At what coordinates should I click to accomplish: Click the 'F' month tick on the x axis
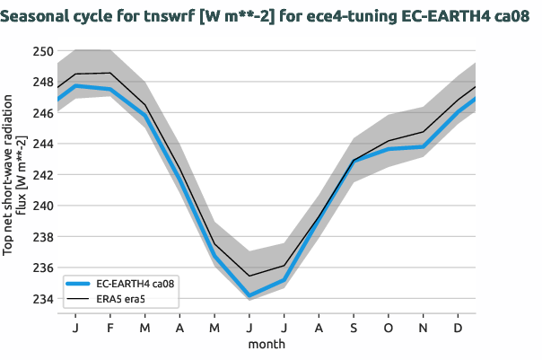[109, 329]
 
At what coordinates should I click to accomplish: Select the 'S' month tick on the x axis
[354, 329]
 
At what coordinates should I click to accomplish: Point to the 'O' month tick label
[389, 329]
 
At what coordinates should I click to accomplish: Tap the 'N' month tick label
[424, 329]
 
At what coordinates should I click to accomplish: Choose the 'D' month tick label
[459, 329]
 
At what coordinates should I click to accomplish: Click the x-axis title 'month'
[267, 344]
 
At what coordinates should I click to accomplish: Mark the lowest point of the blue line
[249, 296]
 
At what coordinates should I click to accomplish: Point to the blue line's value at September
[354, 162]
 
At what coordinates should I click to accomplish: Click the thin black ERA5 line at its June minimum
[249, 276]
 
